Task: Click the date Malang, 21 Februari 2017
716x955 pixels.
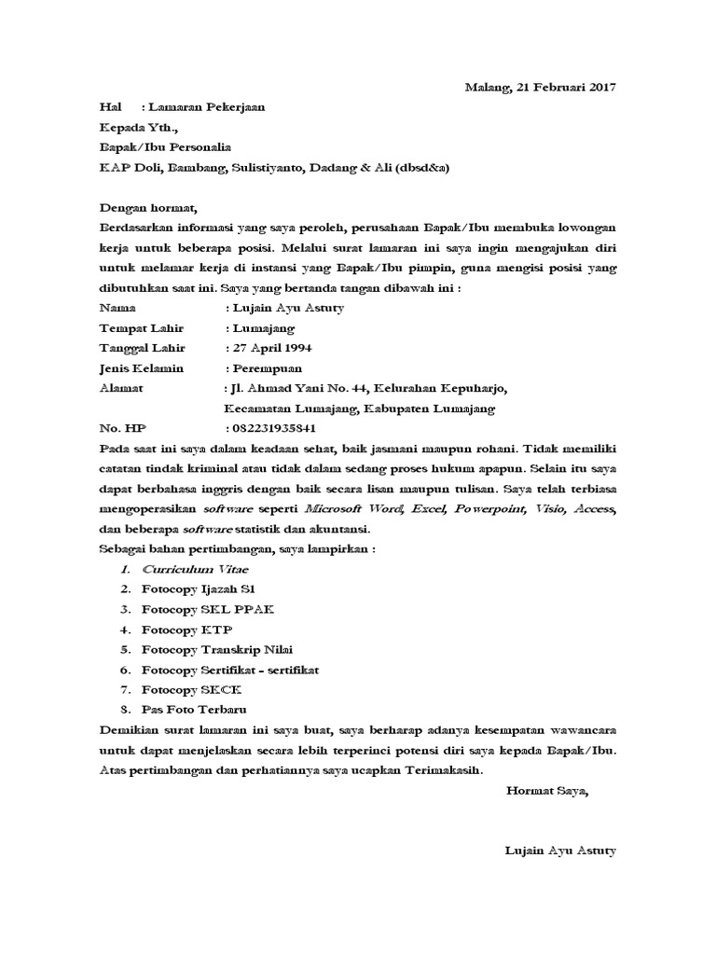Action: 541,88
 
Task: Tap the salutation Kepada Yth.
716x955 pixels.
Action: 137,127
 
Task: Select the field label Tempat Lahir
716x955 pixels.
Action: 141,328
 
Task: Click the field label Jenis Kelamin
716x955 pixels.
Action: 143,368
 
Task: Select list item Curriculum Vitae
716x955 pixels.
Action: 195,569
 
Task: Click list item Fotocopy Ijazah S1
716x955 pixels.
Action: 199,589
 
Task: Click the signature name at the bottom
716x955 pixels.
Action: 559,851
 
